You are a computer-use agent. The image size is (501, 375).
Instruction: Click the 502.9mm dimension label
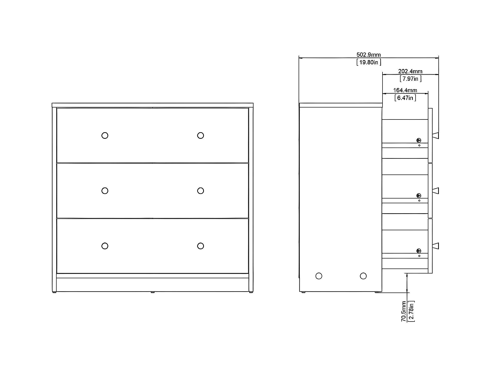coord(368,55)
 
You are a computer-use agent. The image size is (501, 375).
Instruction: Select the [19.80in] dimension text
coord(369,62)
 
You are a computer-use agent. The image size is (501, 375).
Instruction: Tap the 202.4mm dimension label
coord(410,71)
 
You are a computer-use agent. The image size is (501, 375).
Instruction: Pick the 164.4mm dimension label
coord(405,90)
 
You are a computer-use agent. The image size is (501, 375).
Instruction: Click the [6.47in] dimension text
coord(405,98)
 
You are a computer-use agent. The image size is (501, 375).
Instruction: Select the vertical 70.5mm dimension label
coord(404,311)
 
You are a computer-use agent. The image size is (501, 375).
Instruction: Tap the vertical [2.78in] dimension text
coord(411,311)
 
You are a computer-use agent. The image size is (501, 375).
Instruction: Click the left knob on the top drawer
coord(105,135)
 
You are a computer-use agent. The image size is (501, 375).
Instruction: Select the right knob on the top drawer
coord(200,135)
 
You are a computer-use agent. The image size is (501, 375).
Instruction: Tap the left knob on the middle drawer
coord(105,191)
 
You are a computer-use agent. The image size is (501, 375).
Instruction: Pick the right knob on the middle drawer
coord(200,191)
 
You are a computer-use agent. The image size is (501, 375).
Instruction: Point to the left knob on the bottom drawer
coord(105,246)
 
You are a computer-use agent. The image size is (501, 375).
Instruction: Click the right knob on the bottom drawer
coord(200,246)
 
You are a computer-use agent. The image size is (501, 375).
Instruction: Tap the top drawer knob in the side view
coord(436,135)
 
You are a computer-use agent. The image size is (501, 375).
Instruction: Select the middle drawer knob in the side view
coord(436,191)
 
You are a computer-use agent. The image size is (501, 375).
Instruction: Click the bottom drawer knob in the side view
coord(436,246)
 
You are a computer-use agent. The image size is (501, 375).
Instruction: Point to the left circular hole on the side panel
coord(319,276)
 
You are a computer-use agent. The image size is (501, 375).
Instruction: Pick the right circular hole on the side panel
coord(363,276)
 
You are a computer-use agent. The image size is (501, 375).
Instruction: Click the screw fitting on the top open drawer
coord(419,140)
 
